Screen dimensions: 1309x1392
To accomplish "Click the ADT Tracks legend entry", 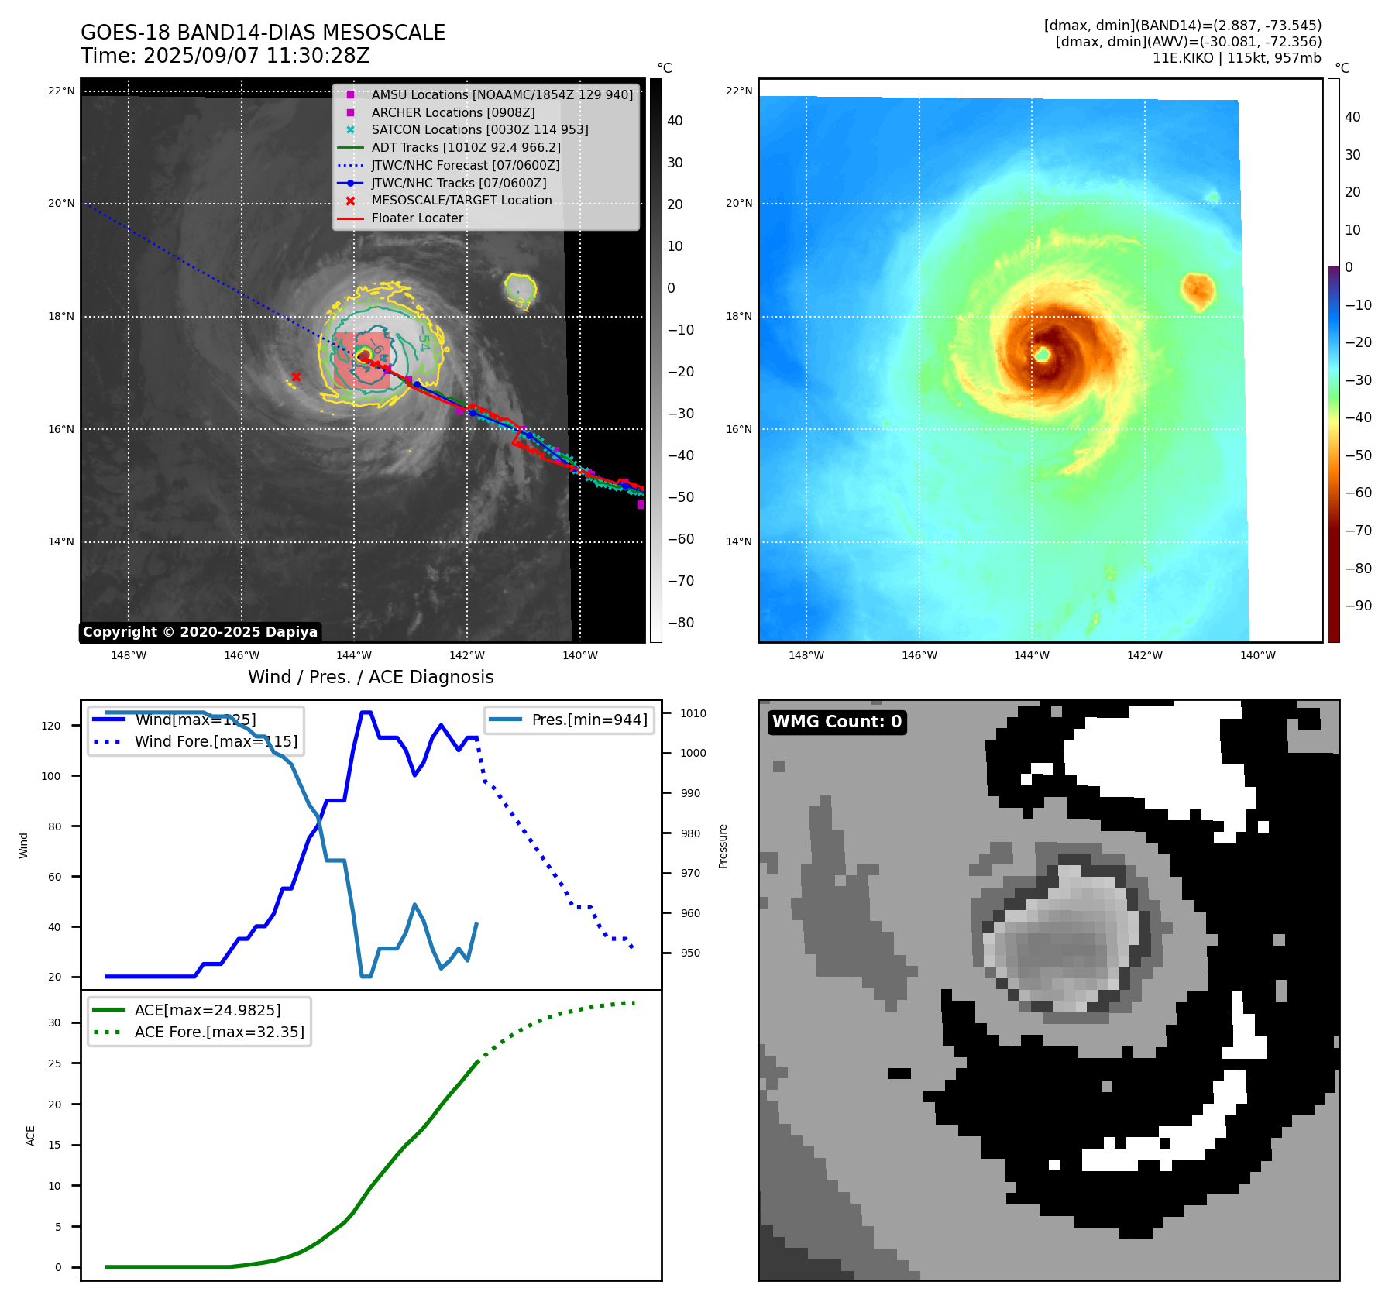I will [466, 147].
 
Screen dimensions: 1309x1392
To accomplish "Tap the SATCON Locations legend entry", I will [479, 129].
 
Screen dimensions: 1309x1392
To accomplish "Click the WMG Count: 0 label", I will [837, 722].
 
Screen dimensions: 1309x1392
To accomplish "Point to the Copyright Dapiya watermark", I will [200, 632].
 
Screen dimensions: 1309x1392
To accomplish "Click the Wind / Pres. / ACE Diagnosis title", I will [370, 677].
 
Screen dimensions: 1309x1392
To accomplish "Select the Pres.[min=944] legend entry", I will [589, 720].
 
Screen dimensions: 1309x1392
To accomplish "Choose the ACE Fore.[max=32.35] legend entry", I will [219, 1032].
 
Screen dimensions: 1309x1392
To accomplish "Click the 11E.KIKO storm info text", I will [1236, 58].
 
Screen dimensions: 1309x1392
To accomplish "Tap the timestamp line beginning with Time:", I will [225, 56].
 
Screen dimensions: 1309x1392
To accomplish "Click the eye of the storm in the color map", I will [1042, 354].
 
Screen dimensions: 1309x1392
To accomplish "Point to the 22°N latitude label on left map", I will [61, 91].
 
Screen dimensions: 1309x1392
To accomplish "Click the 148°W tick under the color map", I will [806, 655].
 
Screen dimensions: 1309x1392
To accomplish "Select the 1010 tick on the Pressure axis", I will [693, 713].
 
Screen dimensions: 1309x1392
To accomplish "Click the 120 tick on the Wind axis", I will [51, 726].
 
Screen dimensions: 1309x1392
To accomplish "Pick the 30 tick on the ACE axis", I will [54, 1022].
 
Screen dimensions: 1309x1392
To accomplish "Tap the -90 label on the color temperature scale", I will [1358, 605].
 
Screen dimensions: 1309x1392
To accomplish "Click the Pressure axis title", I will [723, 846].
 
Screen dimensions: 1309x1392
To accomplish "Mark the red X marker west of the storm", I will [296, 377].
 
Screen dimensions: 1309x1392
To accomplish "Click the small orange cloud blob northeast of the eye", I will [1198, 290].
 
